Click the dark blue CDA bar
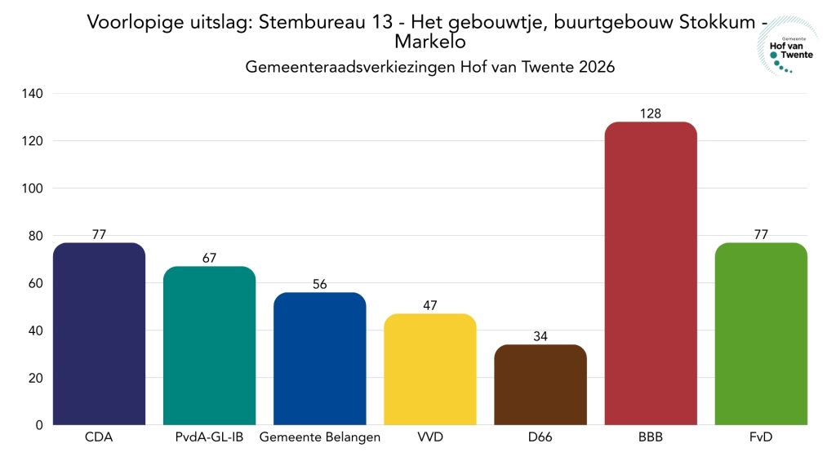point(99,334)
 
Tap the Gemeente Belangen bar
point(319,358)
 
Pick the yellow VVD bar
point(429,369)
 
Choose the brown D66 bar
point(540,384)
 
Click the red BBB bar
point(650,273)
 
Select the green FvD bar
point(760,334)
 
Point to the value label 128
point(650,113)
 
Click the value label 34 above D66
point(540,336)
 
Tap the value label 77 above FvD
point(760,234)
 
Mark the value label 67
point(209,258)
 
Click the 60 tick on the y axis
point(33,283)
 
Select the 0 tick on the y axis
point(38,425)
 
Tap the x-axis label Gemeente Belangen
point(319,438)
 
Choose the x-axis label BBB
point(650,438)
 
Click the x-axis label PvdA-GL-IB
point(209,438)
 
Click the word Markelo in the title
point(429,42)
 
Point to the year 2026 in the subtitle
point(596,68)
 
